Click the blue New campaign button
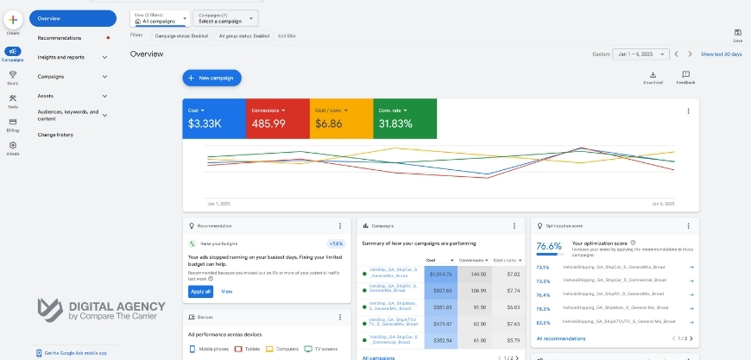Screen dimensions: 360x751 click(x=211, y=78)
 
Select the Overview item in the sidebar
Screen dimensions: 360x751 click(x=73, y=18)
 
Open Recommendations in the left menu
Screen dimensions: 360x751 click(x=60, y=38)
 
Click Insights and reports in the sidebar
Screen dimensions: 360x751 click(x=61, y=57)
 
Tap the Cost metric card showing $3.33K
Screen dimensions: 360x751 click(x=214, y=118)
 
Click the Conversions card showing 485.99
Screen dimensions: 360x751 click(x=278, y=118)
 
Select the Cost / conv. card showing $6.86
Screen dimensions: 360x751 click(x=341, y=118)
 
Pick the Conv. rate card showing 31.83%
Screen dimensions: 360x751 click(x=404, y=118)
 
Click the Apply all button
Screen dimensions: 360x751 click(x=199, y=292)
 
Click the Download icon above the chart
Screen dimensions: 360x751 click(x=653, y=76)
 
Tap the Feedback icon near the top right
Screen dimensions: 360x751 click(x=685, y=76)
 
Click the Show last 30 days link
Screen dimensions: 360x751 click(x=721, y=54)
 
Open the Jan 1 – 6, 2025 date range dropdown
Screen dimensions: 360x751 click(x=641, y=54)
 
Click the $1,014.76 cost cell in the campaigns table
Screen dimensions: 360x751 click(x=441, y=274)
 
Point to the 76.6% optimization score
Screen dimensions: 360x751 click(x=549, y=246)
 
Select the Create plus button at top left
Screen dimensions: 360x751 click(x=13, y=20)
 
